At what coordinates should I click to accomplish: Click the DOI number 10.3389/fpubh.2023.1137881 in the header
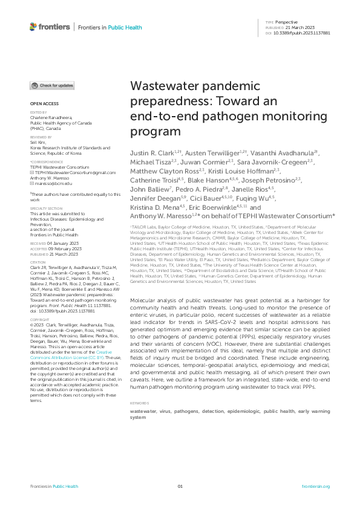point(306,33)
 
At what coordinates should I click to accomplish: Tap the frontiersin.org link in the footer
point(315,487)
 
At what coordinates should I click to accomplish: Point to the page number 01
point(180,487)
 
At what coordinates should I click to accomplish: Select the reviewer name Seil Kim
point(39,142)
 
